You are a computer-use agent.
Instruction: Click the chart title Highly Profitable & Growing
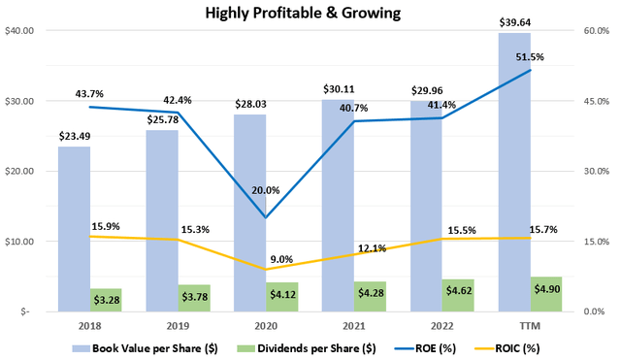click(310, 14)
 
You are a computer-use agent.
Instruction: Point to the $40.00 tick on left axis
click(20, 31)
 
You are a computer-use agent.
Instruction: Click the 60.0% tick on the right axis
click(596, 31)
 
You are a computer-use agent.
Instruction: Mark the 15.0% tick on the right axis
click(596, 242)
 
